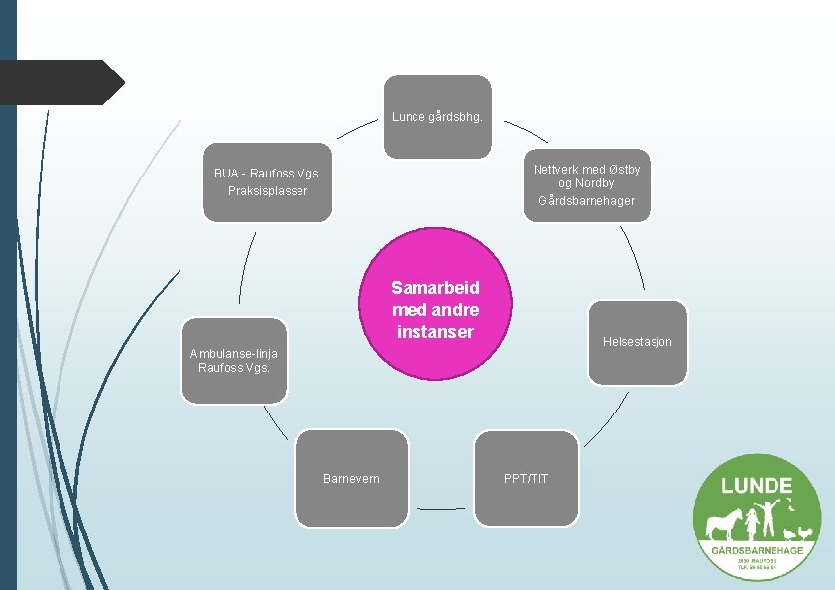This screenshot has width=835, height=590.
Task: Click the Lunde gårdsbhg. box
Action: point(437,116)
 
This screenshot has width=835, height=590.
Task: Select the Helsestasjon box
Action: point(637,342)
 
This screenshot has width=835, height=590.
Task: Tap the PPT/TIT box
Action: point(526,478)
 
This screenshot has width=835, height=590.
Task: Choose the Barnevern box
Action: point(352,478)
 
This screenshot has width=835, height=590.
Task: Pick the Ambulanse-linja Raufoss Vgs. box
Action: point(234,360)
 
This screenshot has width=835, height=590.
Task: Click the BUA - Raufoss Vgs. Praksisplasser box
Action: point(268,182)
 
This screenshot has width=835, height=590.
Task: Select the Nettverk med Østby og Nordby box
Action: point(586,184)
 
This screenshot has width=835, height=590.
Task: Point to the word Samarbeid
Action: point(435,288)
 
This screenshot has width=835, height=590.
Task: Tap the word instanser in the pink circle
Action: point(435,332)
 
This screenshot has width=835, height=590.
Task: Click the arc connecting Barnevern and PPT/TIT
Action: point(440,509)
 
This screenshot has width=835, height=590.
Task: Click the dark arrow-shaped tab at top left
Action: point(60,82)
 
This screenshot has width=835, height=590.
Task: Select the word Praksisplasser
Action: point(268,190)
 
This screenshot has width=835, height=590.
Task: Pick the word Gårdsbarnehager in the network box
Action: point(586,201)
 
